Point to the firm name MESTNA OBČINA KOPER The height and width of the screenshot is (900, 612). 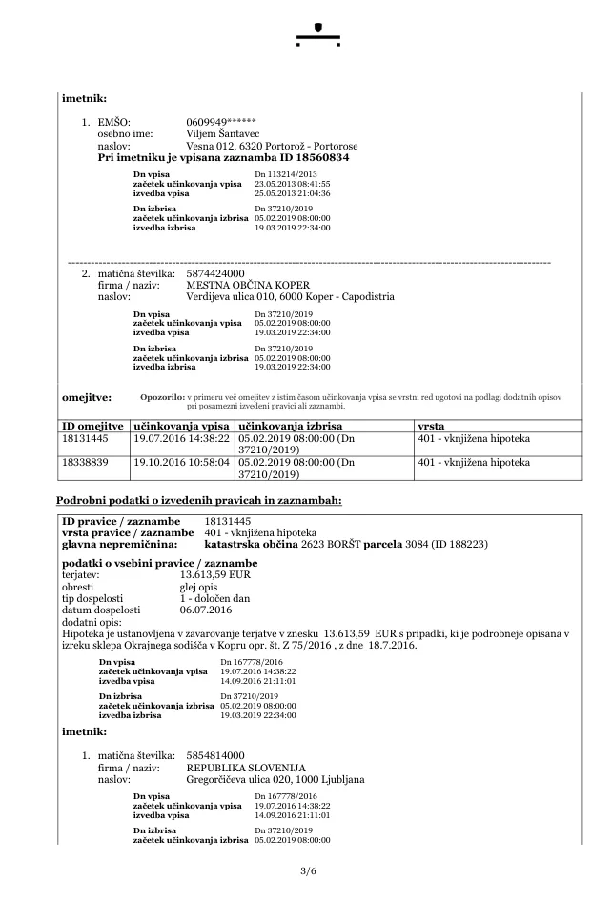click(248, 285)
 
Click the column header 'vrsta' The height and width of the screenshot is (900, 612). click(430, 424)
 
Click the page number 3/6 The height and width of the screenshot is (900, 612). click(306, 871)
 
